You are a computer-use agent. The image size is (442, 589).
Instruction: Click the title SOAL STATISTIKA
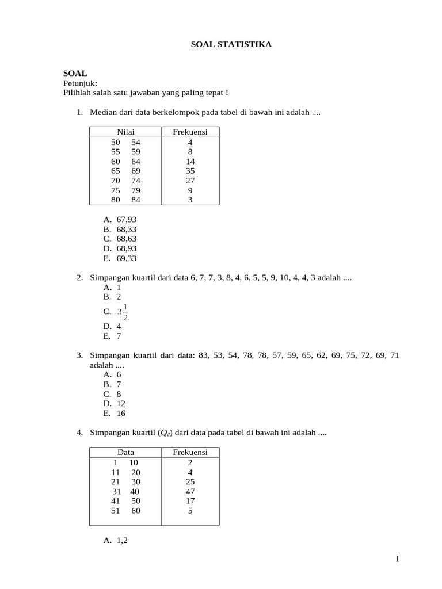tap(231, 44)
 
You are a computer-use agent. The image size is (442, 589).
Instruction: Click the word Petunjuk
tap(80, 83)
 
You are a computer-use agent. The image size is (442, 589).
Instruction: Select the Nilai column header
tap(125, 132)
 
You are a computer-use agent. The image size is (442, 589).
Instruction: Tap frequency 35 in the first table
tap(190, 171)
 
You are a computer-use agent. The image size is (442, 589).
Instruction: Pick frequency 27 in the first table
tap(190, 181)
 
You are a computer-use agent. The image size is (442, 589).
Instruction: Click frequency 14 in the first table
tap(190, 162)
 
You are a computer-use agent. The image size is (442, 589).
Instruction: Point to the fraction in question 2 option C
tap(123, 312)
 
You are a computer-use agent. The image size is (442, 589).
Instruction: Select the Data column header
tap(125, 453)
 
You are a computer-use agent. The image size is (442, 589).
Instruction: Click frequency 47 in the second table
tap(190, 492)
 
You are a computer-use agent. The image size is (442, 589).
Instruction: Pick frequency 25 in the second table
tap(190, 482)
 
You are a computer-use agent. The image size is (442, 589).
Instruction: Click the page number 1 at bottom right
tap(397, 559)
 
